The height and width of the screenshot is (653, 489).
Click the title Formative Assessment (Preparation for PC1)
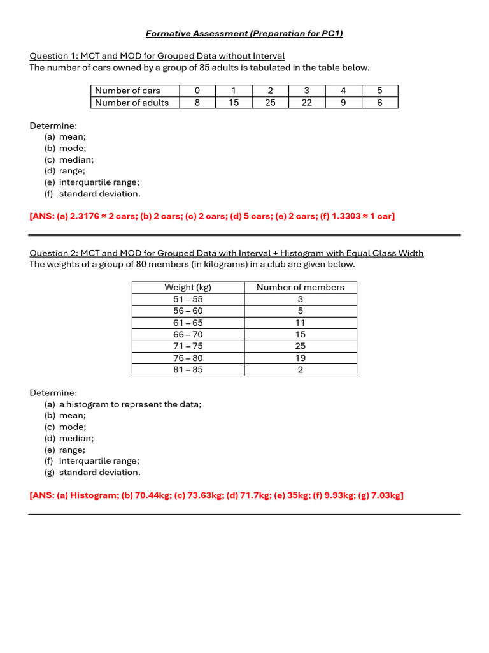click(244, 33)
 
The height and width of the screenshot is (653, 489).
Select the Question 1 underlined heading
click(157, 56)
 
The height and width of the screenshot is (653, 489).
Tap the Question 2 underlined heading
click(226, 253)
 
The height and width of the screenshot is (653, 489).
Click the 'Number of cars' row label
click(127, 91)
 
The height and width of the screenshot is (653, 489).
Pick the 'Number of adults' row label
click(132, 103)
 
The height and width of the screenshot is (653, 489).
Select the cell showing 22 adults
click(307, 103)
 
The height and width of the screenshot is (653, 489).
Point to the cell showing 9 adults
click(343, 103)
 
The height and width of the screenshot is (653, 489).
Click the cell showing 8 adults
click(197, 103)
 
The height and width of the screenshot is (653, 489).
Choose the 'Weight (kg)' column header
click(188, 288)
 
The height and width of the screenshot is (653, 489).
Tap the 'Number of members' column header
click(300, 288)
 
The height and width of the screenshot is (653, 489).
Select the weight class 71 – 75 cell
click(188, 346)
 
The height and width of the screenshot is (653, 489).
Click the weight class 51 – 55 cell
click(188, 299)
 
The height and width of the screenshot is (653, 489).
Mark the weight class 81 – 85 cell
click(188, 370)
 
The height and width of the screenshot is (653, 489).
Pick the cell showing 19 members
click(300, 358)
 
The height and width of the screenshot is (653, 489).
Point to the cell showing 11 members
click(300, 323)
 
